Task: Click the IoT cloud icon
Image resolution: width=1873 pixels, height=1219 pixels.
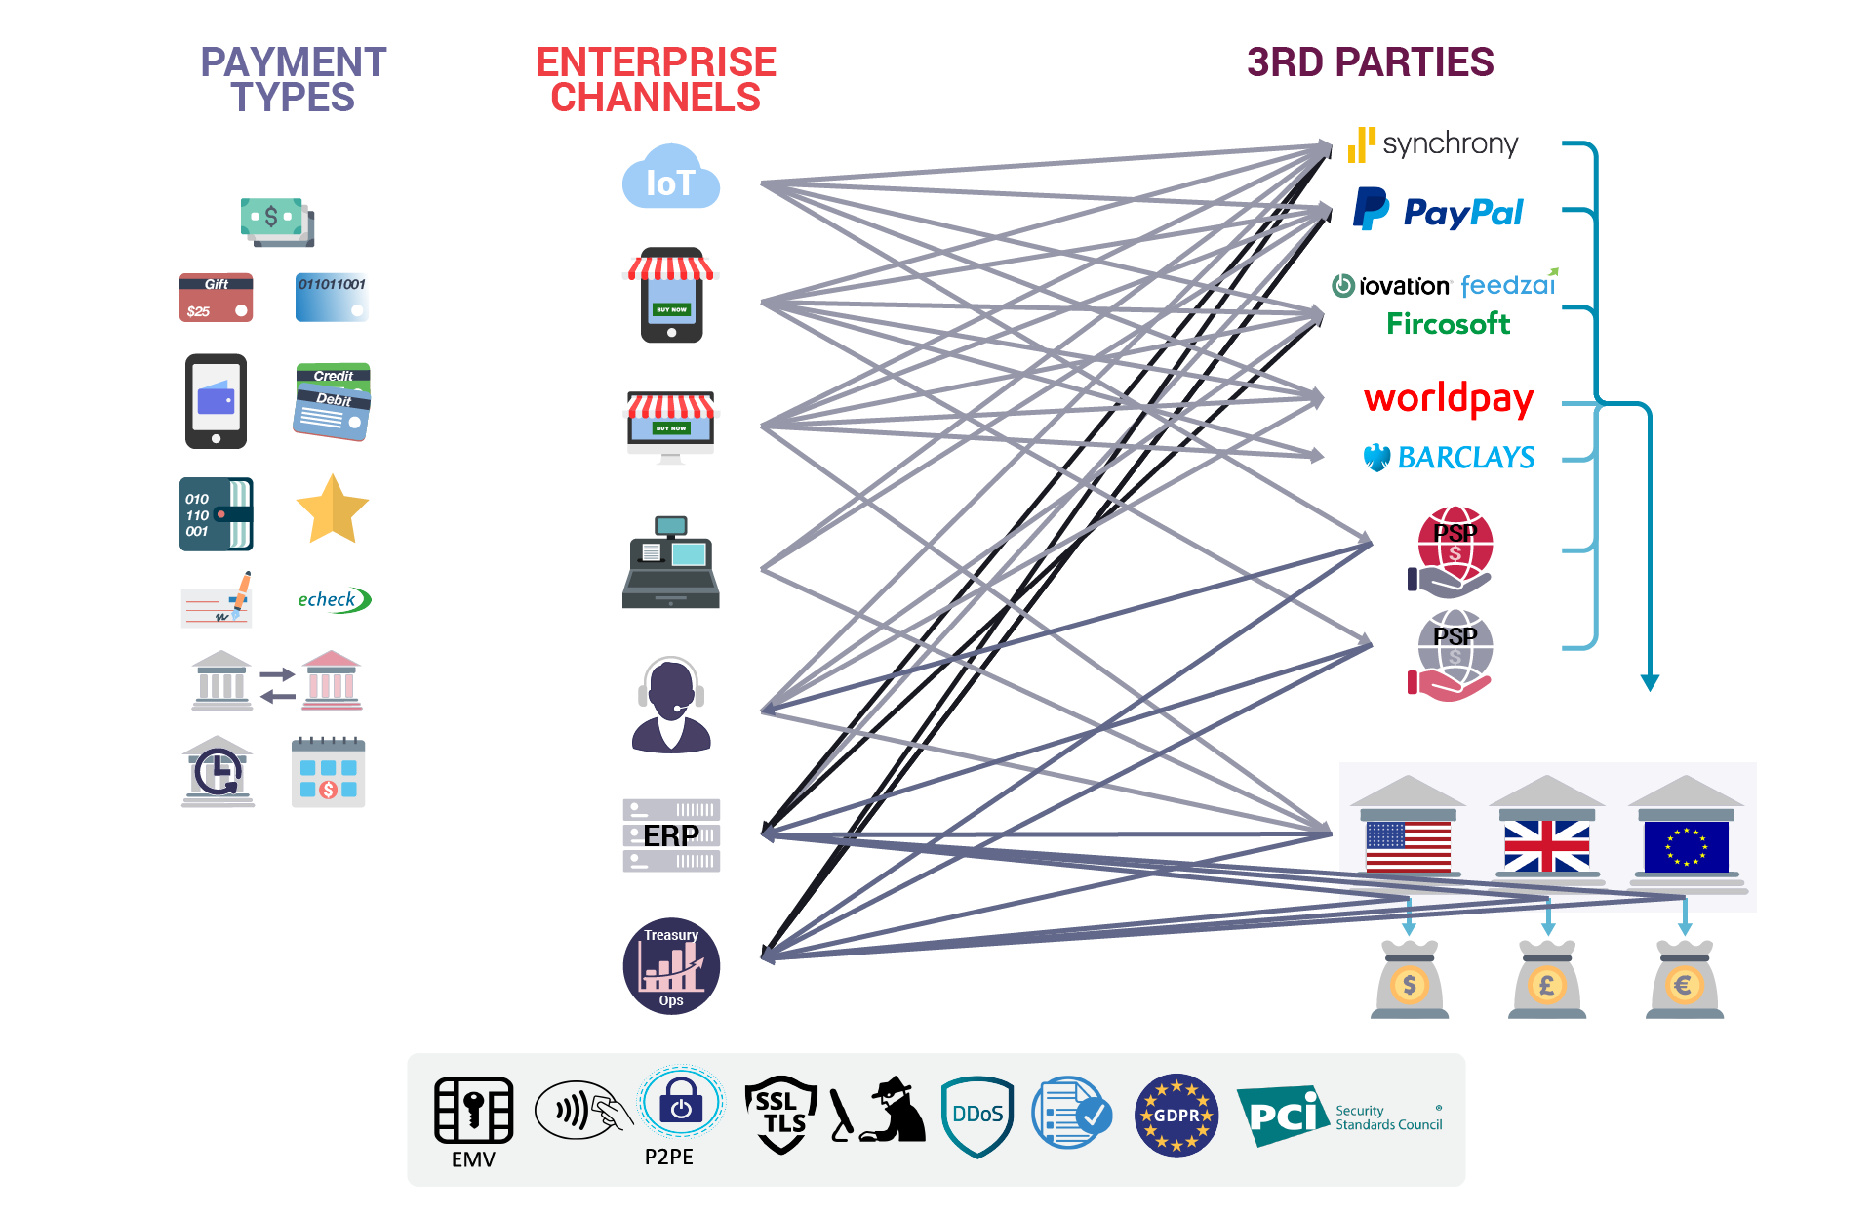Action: [671, 178]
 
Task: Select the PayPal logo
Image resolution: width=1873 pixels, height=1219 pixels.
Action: [1438, 211]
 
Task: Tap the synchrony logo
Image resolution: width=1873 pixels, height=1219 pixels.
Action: [1433, 144]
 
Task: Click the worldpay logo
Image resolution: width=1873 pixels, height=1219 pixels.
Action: [1449, 398]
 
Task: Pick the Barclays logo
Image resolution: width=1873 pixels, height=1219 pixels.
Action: [1450, 457]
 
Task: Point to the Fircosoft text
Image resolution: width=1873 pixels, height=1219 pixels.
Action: [1448, 324]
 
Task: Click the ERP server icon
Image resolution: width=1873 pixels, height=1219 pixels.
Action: [671, 835]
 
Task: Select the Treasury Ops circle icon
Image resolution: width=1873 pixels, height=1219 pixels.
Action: [671, 966]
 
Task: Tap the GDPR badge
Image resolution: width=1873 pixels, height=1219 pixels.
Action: [1176, 1115]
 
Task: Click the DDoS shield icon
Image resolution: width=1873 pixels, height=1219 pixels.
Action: [977, 1116]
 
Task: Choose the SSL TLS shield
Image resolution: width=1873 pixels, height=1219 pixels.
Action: [780, 1114]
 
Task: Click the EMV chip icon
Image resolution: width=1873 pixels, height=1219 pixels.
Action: [474, 1111]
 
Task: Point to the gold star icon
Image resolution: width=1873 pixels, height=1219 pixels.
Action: [332, 509]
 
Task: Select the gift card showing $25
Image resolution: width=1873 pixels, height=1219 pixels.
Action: [217, 298]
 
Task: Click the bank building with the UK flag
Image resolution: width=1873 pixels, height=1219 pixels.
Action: [1546, 829]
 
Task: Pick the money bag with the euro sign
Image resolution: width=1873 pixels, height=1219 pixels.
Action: [1685, 980]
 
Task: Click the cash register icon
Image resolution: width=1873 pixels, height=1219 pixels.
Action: [671, 563]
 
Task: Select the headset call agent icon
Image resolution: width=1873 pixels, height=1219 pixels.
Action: [671, 704]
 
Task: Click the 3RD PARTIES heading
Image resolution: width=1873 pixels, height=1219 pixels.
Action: [1370, 62]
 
